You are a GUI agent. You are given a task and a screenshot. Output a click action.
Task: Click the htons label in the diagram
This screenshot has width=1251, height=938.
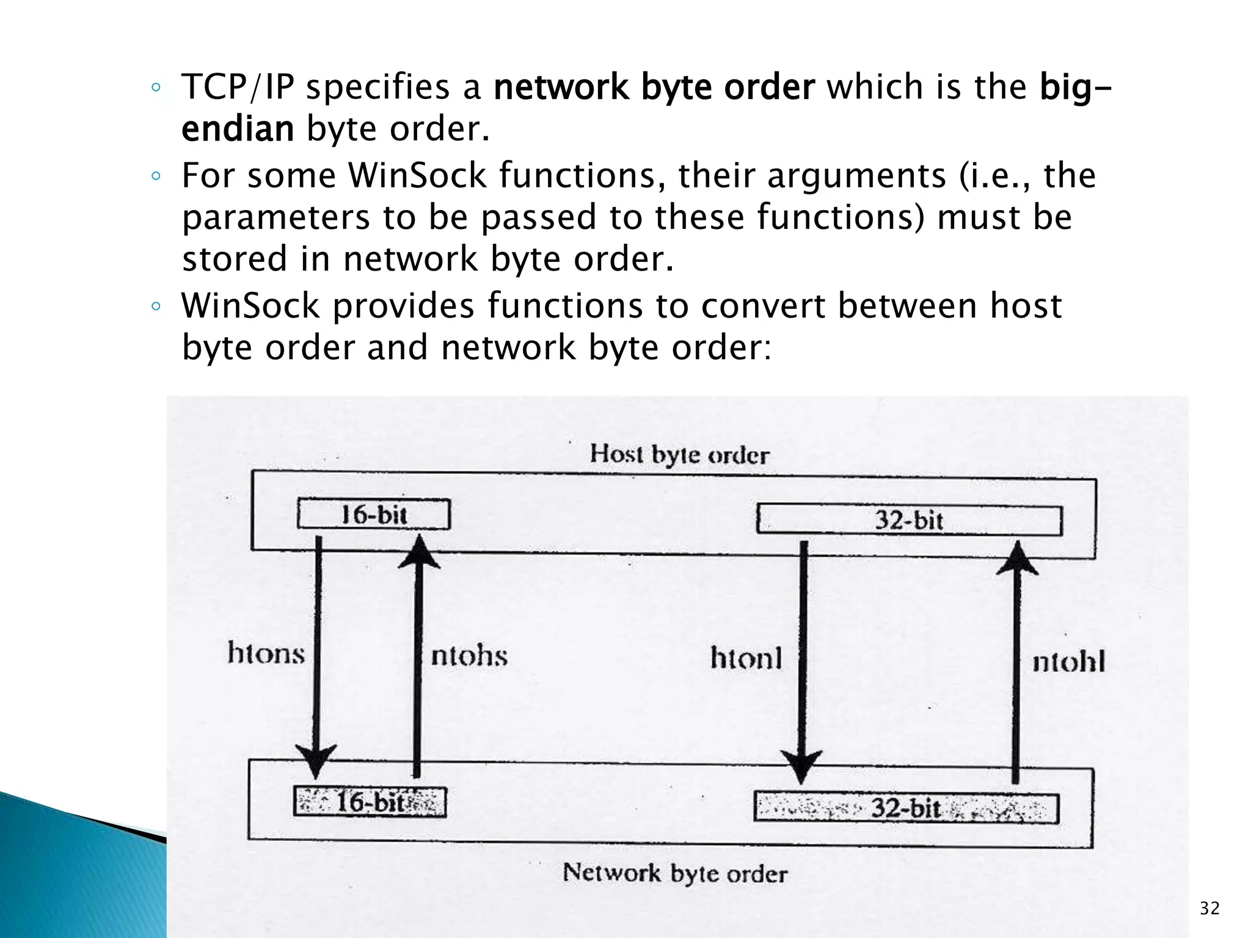266,653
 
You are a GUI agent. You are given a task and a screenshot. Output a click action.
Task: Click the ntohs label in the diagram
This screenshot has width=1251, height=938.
469,656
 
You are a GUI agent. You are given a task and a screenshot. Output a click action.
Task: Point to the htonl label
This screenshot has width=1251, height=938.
746,659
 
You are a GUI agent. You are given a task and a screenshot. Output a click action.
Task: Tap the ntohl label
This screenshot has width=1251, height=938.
1068,662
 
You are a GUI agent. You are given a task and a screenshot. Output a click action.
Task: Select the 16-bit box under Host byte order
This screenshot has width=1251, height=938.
374,514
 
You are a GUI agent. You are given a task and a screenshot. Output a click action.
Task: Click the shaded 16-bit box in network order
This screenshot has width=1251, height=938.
370,802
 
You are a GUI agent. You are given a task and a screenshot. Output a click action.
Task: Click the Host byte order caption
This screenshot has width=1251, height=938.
679,455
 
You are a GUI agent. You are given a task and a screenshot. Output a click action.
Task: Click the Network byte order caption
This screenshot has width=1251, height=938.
675,873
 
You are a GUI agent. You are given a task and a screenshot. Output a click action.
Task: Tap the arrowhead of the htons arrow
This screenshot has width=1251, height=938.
316,761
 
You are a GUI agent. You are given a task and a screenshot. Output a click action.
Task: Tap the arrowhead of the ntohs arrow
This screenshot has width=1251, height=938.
419,551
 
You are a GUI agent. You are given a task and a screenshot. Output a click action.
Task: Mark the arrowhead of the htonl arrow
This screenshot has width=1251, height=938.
801,767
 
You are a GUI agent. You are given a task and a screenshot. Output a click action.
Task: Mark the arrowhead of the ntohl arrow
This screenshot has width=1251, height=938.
1017,558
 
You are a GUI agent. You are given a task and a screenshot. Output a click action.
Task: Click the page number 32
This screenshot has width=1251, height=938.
1209,908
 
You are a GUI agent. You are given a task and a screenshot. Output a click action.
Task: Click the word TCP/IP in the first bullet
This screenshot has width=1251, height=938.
238,87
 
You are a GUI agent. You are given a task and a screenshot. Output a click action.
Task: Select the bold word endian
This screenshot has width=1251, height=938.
238,129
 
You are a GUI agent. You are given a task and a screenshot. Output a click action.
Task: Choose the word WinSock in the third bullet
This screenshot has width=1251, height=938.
250,305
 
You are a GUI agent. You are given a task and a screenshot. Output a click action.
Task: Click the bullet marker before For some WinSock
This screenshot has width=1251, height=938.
156,177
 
